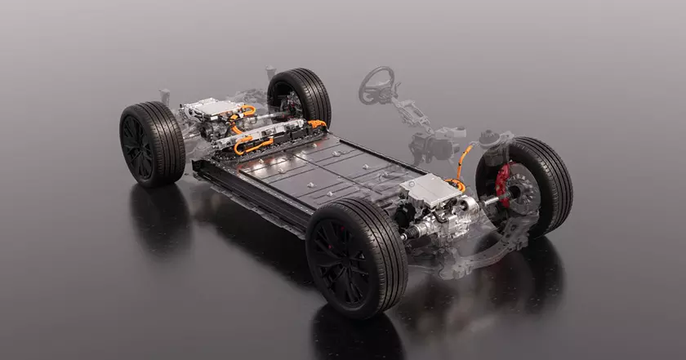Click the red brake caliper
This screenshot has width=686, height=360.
pyautogui.click(x=503, y=184)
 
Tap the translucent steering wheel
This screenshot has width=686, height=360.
pyautogui.click(x=376, y=84)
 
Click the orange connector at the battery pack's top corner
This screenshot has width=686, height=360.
pyautogui.click(x=317, y=124)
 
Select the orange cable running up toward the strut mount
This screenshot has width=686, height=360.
pyautogui.click(x=465, y=159)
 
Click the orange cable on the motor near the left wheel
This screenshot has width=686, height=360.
pyautogui.click(x=243, y=112)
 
